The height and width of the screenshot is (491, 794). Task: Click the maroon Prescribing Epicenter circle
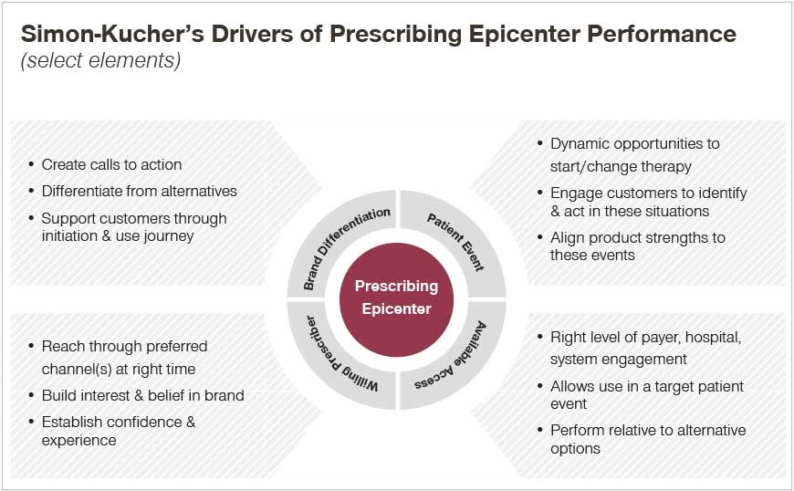396,299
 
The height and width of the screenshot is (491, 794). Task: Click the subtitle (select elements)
100,60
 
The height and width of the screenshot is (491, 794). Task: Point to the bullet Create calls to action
111,164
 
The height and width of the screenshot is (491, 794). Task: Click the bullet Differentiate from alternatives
140,191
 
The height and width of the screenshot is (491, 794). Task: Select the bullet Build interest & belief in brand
142,395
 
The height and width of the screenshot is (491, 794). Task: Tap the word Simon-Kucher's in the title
112,34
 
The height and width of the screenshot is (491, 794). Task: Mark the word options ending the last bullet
575,449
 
